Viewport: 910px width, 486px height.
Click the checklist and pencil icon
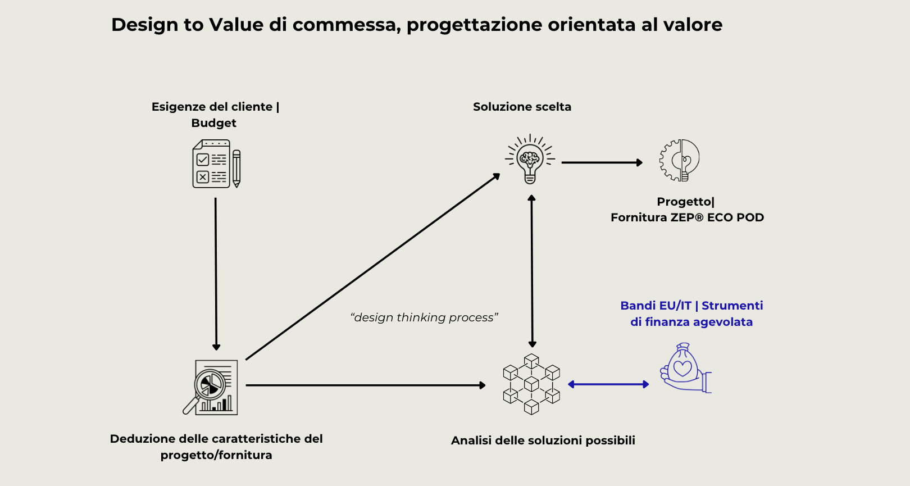216,164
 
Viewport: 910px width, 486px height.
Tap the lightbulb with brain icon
530,159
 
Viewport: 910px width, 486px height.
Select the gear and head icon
680,160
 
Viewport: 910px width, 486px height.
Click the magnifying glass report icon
211,387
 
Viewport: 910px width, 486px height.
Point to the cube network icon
531,384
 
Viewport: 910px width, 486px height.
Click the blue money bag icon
685,368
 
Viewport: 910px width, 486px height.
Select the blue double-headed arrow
608,384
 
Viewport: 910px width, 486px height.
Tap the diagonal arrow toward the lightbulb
372,267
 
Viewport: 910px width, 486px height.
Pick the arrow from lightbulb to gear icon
602,162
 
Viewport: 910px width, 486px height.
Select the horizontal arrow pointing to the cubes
365,385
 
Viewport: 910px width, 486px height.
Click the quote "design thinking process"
424,317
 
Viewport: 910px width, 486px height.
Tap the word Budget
213,123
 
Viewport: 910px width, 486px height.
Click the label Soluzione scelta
522,107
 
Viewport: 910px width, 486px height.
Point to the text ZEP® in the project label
684,217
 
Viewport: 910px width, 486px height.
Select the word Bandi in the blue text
638,306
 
